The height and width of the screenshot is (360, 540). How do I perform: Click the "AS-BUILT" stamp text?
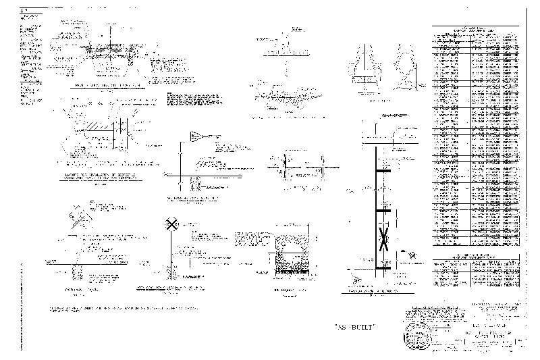[355, 327]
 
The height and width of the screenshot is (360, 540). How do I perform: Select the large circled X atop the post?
[172, 224]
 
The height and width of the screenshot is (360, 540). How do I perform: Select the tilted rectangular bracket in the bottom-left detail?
[78, 215]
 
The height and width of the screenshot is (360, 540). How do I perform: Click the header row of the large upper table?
[477, 30]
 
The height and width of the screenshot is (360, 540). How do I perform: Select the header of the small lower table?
[477, 257]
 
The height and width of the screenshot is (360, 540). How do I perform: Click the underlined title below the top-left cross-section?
[108, 86]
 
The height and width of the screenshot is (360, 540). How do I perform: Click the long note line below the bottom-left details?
[124, 308]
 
